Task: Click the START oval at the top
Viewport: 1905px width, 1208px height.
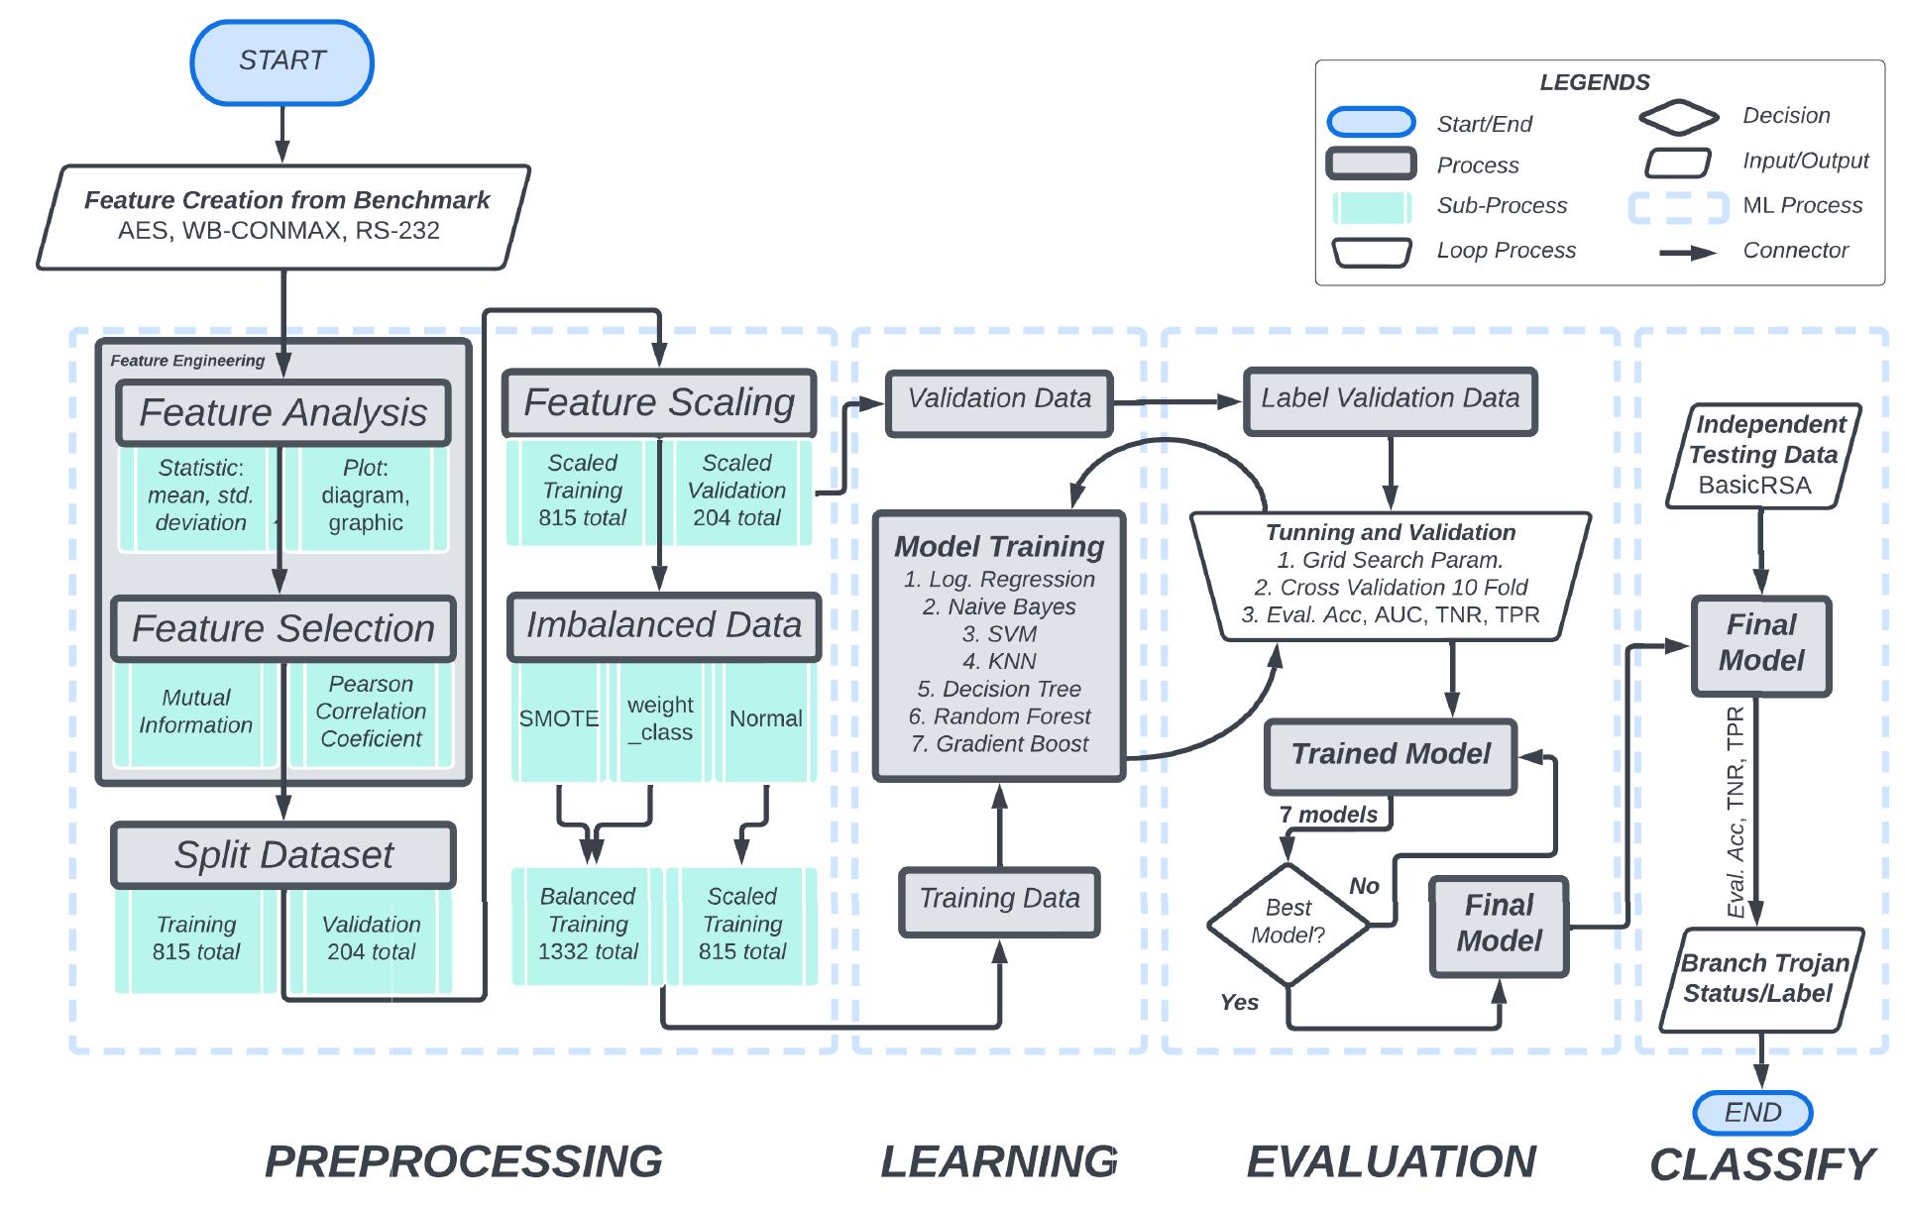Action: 281,62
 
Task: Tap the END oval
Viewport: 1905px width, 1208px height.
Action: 1752,1113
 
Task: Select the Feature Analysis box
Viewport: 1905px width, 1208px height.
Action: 283,412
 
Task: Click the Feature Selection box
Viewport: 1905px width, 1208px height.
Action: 283,628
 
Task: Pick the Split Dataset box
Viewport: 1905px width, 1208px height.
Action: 283,854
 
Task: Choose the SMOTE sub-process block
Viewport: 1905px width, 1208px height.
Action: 558,719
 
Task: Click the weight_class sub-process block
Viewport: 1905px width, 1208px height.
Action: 660,719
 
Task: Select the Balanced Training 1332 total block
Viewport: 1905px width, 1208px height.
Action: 588,925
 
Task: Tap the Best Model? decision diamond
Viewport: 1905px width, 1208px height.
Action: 1288,923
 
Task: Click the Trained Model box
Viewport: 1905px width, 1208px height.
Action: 1391,755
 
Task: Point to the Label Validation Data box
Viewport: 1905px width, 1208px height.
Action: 1390,399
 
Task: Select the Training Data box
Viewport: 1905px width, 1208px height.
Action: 999,900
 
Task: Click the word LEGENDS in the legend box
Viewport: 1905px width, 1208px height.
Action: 1594,83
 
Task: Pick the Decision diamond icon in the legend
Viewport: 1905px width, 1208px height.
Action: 1678,117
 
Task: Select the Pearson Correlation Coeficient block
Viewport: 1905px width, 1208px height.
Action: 371,712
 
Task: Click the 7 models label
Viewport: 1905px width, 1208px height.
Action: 1328,815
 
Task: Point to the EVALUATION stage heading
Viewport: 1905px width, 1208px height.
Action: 1391,1162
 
